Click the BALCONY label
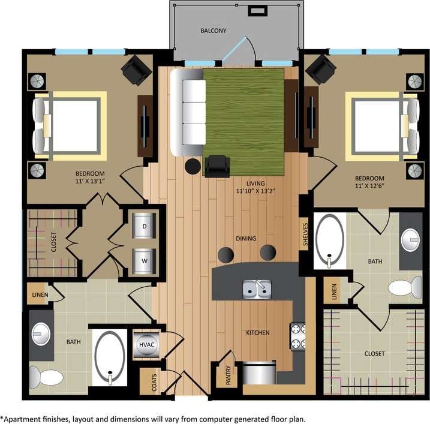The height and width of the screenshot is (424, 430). pyautogui.click(x=214, y=31)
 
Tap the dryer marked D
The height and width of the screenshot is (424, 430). pyautogui.click(x=144, y=226)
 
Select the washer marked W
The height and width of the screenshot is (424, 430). pyautogui.click(x=144, y=261)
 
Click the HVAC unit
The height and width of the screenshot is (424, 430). pyautogui.click(x=145, y=345)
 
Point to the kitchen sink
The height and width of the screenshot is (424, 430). pyautogui.click(x=257, y=290)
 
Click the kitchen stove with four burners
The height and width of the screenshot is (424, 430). pyautogui.click(x=298, y=336)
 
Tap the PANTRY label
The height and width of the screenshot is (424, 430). pyautogui.click(x=228, y=375)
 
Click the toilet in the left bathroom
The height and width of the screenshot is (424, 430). pyautogui.click(x=46, y=377)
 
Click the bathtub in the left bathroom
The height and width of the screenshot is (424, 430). pyautogui.click(x=110, y=358)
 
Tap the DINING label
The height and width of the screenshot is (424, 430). pyautogui.click(x=246, y=239)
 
